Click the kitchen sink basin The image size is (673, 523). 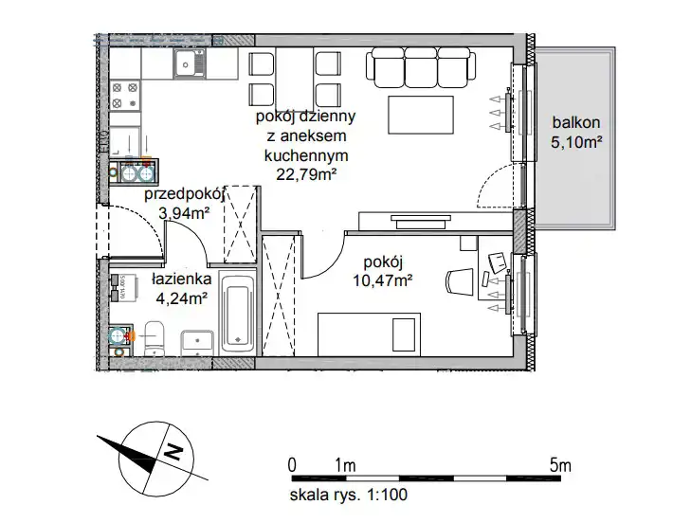[190, 63]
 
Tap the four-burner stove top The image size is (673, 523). [125, 96]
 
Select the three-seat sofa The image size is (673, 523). [421, 67]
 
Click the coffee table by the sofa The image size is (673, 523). [421, 115]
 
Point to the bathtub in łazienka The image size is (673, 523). [237, 313]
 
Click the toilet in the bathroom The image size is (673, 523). [155, 338]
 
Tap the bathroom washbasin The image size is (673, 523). [197, 343]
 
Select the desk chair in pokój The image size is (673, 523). [460, 281]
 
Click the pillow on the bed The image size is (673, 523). [405, 334]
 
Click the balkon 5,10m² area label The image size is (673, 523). [576, 132]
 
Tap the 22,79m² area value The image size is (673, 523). [305, 175]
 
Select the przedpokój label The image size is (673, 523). [184, 194]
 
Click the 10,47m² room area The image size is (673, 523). [382, 280]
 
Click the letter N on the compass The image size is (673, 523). [173, 451]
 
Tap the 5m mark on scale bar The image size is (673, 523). [560, 465]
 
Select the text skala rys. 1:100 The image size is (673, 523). [349, 495]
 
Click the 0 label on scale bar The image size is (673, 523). [292, 465]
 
